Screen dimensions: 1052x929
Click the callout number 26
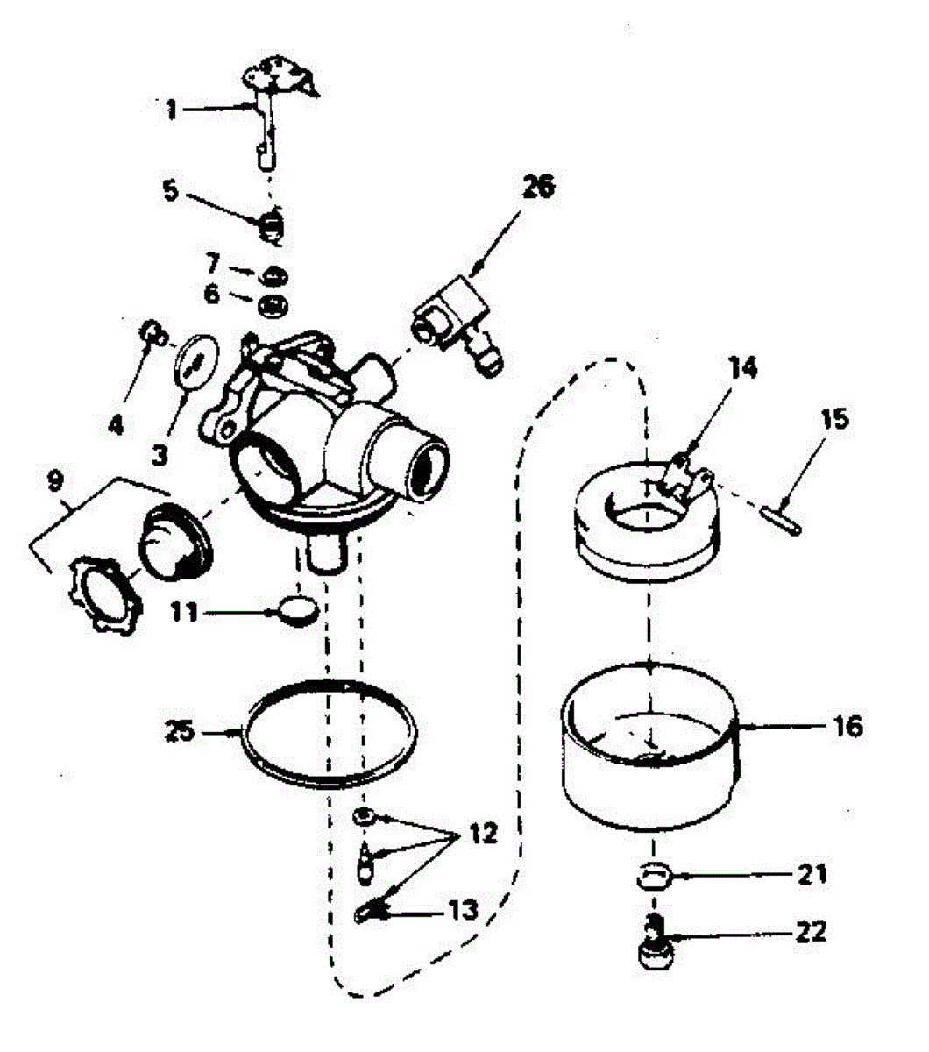[x=538, y=188]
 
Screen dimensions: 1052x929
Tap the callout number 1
[x=172, y=110]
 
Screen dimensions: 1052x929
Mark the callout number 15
[x=834, y=419]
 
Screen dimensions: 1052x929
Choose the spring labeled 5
[x=272, y=222]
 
